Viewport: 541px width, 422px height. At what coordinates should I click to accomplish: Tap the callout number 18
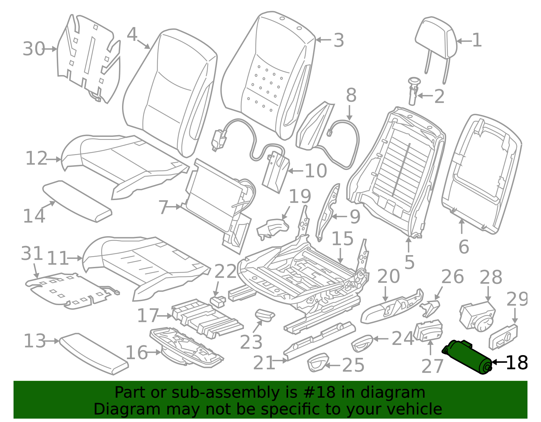pos(517,363)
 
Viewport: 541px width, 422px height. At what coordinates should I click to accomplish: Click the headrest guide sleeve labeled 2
pos(414,91)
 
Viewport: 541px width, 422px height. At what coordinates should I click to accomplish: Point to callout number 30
pos(34,49)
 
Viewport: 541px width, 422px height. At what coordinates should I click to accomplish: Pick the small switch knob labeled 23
pos(265,315)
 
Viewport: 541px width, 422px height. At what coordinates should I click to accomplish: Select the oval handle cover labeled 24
pos(362,344)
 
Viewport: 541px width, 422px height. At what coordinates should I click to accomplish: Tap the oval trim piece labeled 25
pos(318,362)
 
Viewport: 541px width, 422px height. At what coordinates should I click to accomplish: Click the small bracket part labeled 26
pos(430,308)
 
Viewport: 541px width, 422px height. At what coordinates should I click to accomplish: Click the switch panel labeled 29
pos(503,337)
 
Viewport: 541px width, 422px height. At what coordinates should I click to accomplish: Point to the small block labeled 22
pos(218,302)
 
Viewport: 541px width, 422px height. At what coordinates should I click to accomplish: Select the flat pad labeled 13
pos(94,354)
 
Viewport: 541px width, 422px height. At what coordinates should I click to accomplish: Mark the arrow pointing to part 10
pos(296,171)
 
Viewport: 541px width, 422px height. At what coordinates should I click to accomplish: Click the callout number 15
pos(343,238)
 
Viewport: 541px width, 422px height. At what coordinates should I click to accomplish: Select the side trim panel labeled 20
pos(392,306)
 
